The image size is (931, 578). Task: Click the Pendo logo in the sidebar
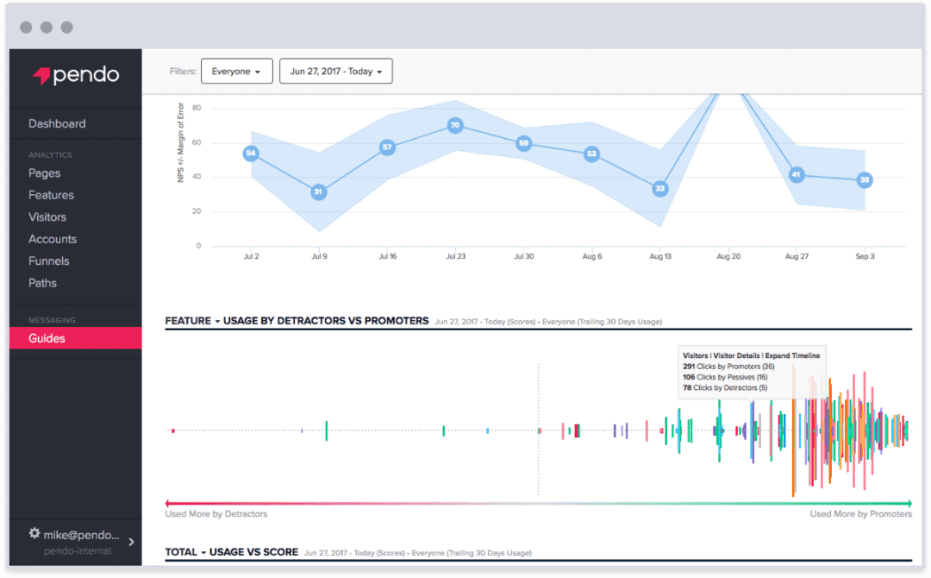[76, 75]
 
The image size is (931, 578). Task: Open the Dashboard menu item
[57, 123]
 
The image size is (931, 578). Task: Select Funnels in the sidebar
[50, 261]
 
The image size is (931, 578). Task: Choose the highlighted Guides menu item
[47, 338]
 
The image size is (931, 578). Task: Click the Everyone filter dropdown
[236, 72]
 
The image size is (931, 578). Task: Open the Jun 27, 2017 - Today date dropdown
[335, 72]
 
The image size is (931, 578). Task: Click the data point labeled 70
[455, 125]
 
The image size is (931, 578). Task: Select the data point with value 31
[318, 192]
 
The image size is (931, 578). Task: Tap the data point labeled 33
[659, 188]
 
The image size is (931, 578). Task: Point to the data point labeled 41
[797, 175]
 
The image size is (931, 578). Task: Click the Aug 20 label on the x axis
[728, 257]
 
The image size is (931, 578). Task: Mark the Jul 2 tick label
[250, 257]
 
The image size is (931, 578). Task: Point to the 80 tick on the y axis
[197, 108]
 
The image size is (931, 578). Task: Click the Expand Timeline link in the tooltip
[792, 355]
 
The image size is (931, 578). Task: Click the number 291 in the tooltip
[690, 367]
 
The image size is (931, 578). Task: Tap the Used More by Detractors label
[216, 514]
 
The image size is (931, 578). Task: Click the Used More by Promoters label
[860, 514]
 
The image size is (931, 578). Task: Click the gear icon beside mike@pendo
[34, 534]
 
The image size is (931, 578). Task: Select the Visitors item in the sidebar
[47, 217]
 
